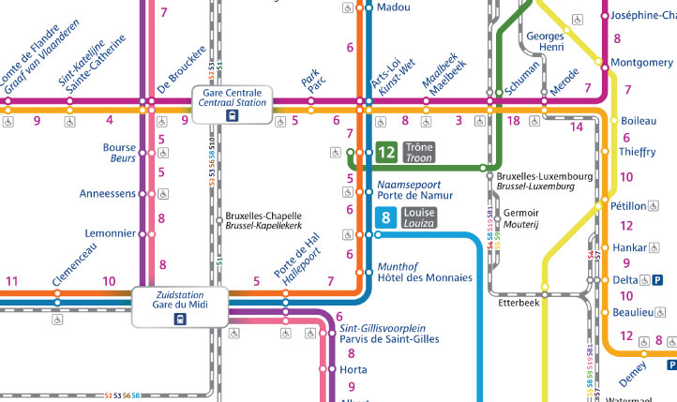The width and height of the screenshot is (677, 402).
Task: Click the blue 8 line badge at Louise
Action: [x=385, y=218]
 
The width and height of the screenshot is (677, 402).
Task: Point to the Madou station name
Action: [x=394, y=7]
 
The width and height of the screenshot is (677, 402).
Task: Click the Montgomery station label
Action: [x=641, y=63]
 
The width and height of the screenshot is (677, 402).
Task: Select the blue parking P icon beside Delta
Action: [x=658, y=280]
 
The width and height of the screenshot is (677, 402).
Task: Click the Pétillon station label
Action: [x=628, y=205]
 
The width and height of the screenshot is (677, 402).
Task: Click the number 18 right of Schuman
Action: [x=513, y=120]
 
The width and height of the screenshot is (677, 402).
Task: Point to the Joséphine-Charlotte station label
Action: [x=643, y=16]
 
